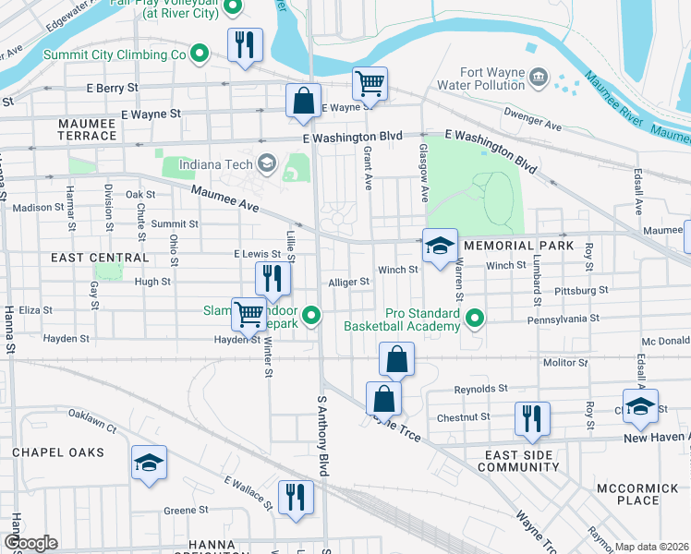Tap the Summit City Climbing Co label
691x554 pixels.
click(115, 55)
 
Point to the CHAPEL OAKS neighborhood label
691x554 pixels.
click(56, 452)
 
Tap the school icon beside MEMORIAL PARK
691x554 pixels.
click(440, 246)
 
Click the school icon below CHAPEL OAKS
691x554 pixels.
click(148, 464)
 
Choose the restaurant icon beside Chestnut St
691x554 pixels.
click(532, 418)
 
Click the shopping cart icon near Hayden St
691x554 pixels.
click(248, 314)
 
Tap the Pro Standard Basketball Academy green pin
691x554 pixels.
click(475, 319)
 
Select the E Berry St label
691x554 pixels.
click(112, 88)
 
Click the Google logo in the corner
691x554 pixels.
click(30, 543)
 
